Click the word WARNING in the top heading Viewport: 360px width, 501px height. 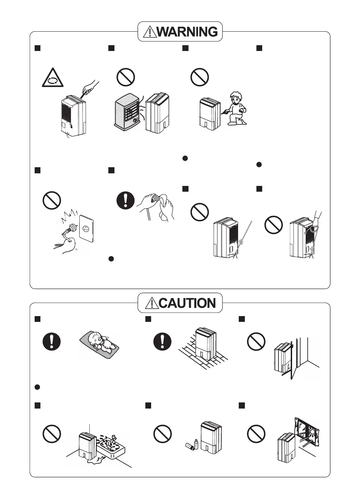pos(187,32)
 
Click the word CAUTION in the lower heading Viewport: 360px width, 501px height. pos(187,303)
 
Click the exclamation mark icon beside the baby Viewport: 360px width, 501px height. pos(52,341)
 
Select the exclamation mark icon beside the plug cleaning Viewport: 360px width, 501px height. pos(125,200)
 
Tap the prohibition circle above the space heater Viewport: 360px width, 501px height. pos(125,77)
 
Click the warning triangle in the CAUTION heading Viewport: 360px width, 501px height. pos(152,303)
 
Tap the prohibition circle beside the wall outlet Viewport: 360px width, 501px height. pos(52,201)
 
